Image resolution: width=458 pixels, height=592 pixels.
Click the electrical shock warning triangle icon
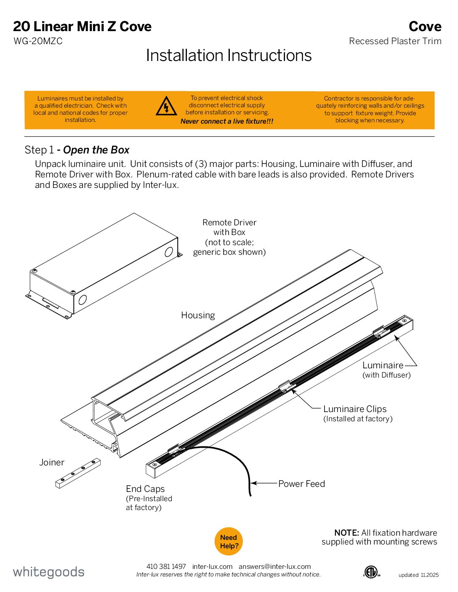[166, 106]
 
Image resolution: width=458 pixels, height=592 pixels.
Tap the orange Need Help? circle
[229, 542]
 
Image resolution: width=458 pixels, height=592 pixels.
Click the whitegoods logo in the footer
[49, 572]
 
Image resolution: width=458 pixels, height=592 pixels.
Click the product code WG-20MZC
[38, 41]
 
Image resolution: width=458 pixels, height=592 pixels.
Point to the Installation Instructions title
[229, 55]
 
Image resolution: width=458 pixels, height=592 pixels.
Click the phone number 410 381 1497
[166, 566]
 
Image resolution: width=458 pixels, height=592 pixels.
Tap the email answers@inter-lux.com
[274, 566]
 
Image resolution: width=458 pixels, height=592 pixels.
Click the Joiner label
[52, 462]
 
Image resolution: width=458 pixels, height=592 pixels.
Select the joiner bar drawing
[78, 473]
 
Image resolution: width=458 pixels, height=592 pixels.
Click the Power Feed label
[301, 484]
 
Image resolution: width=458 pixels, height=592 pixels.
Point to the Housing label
[198, 315]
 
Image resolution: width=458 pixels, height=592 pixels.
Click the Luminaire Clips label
[354, 409]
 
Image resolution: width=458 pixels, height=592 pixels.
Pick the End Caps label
[145, 489]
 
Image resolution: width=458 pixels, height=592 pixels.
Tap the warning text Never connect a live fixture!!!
[227, 122]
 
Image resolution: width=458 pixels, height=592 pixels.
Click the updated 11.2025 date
[418, 575]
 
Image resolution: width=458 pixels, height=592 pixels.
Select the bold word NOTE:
[346, 533]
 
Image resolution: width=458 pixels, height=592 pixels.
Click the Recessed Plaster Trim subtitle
[395, 41]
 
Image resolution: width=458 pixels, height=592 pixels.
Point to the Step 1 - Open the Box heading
[77, 150]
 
